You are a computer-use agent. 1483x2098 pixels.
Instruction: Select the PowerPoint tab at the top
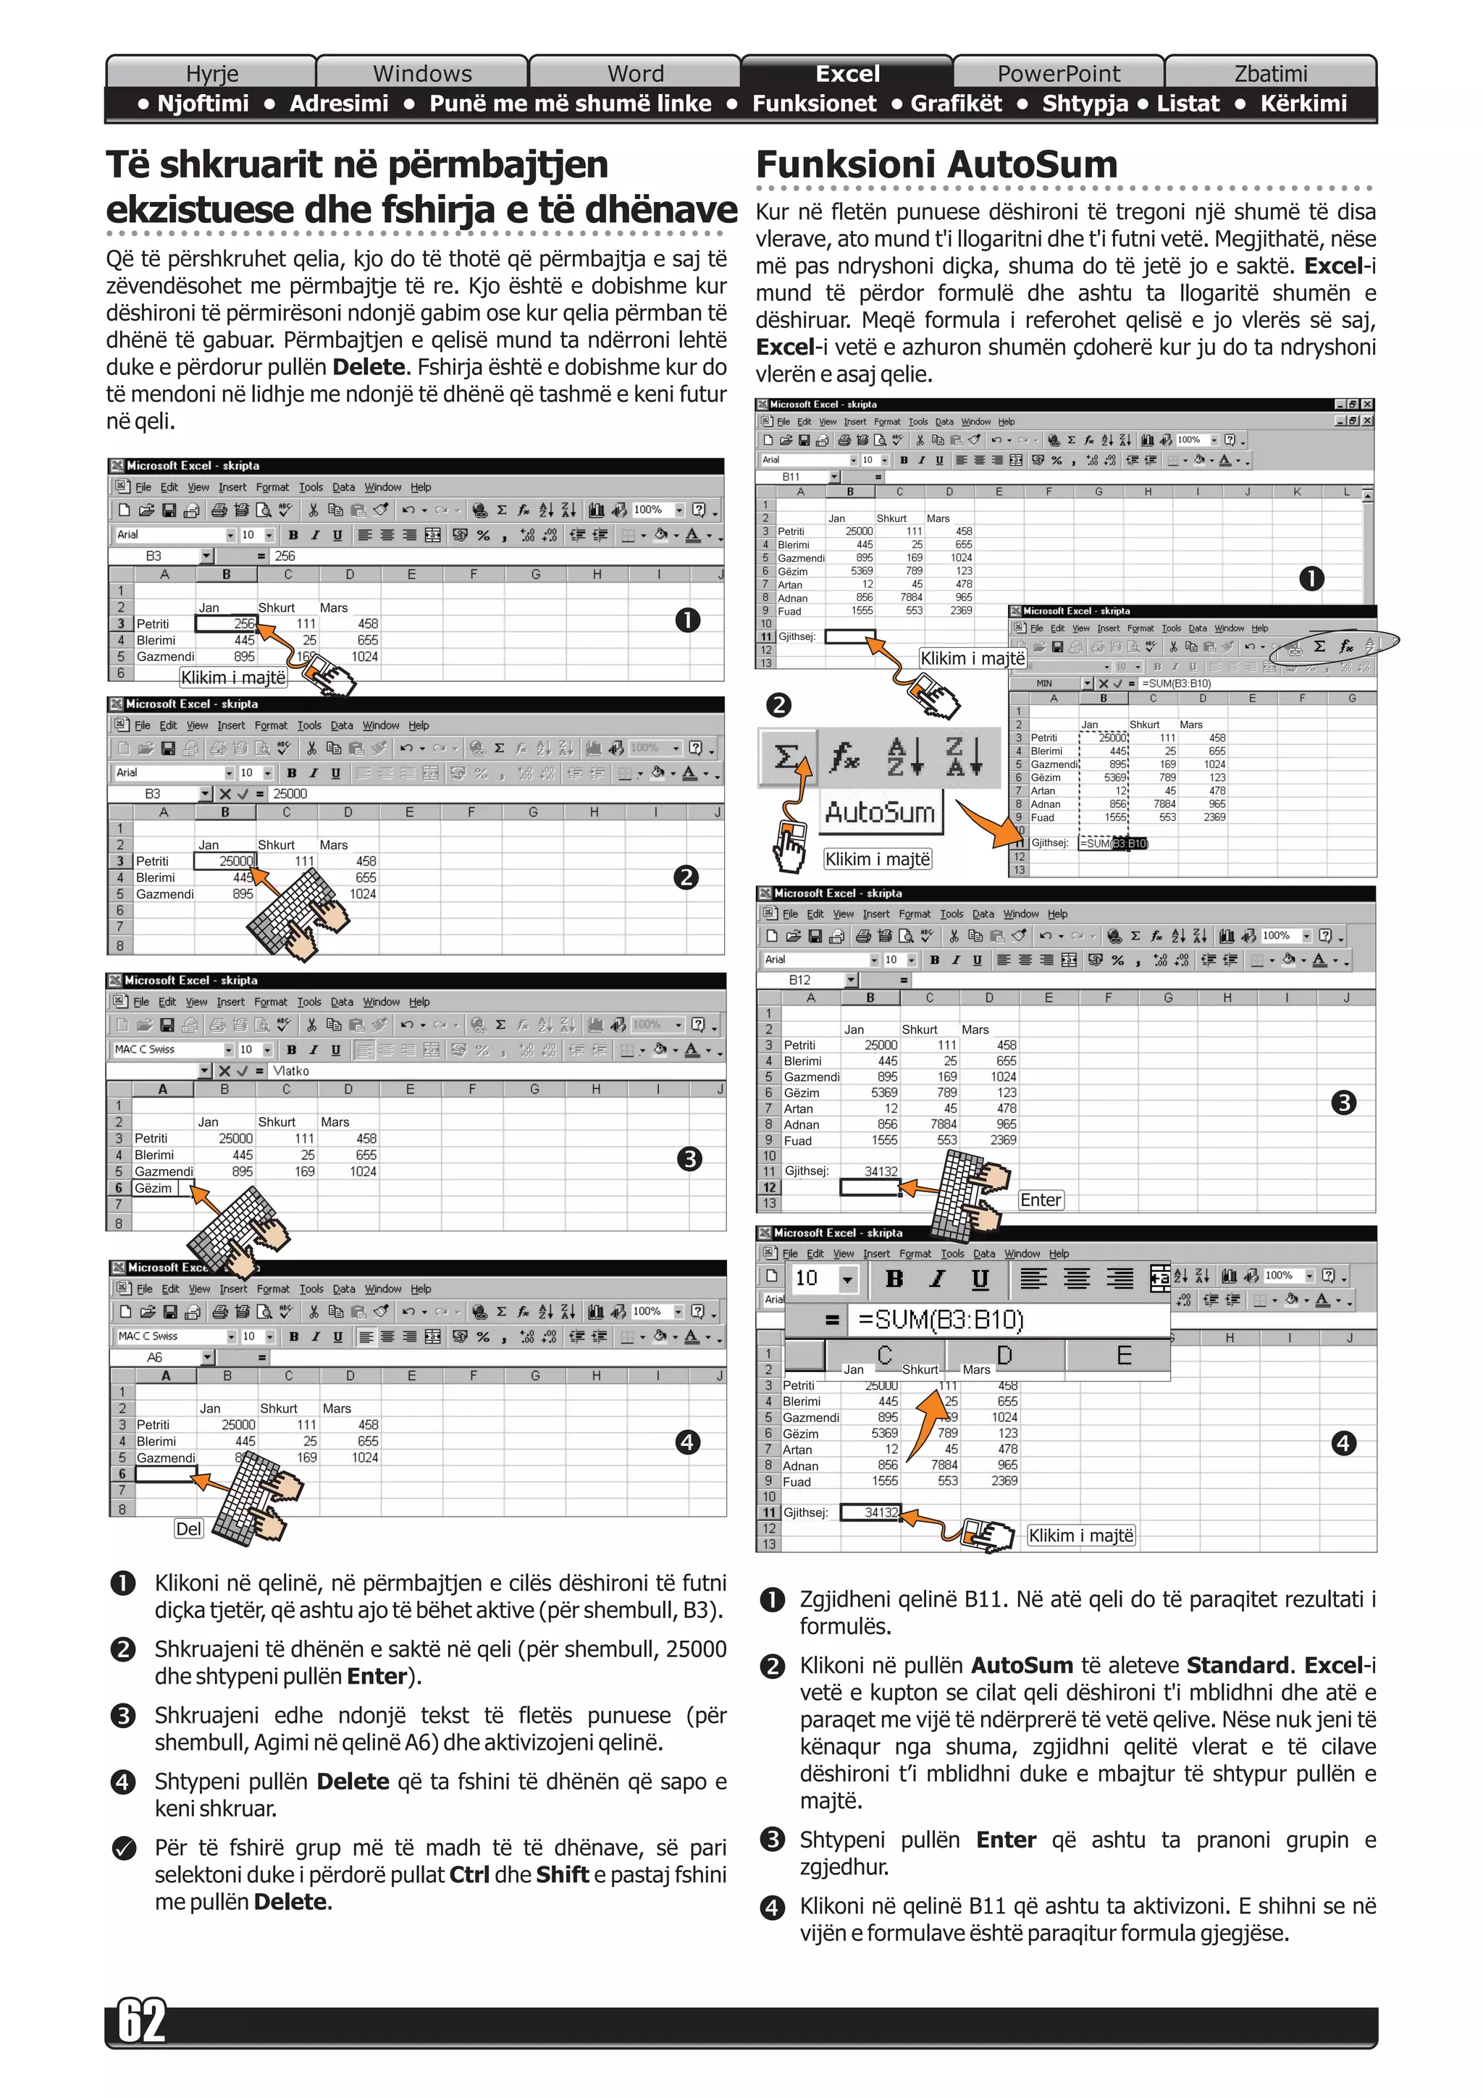click(x=1058, y=73)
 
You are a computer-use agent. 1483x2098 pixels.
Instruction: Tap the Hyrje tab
click(x=212, y=73)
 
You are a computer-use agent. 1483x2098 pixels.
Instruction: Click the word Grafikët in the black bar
click(x=956, y=104)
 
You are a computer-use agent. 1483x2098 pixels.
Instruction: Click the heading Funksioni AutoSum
click(x=936, y=164)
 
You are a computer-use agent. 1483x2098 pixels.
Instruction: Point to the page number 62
click(x=143, y=2021)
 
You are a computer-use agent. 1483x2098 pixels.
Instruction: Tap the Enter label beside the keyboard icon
click(x=1041, y=1200)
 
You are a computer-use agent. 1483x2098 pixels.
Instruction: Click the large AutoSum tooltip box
click(x=880, y=812)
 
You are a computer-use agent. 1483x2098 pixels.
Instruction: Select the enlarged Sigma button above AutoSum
click(x=786, y=757)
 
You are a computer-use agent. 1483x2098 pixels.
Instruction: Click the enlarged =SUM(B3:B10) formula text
click(x=940, y=1320)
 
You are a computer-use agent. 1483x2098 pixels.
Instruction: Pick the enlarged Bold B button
click(x=894, y=1278)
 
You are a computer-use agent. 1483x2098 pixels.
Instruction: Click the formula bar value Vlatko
click(x=290, y=1071)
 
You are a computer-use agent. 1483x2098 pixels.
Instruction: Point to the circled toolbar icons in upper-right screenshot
click(x=1332, y=646)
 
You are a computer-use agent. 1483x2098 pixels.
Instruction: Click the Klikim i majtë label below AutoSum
click(x=877, y=859)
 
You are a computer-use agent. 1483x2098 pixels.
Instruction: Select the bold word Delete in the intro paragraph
click(x=369, y=367)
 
